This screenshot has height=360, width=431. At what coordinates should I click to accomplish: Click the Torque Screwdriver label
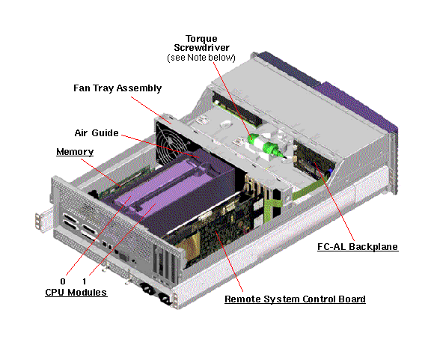(201, 43)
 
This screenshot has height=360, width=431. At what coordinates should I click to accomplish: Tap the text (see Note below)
(201, 58)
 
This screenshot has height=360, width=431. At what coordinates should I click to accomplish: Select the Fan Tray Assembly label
(117, 88)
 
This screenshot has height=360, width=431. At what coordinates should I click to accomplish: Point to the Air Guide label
(97, 133)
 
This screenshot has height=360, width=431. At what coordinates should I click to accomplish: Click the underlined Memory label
(75, 152)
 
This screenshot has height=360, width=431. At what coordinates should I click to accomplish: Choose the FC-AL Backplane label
(358, 247)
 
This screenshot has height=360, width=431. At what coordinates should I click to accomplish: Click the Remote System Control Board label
(296, 299)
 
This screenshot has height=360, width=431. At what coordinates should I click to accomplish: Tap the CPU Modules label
(76, 293)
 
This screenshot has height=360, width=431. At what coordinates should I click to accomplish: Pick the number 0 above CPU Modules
(63, 281)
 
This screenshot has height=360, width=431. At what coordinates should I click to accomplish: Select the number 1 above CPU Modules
(84, 281)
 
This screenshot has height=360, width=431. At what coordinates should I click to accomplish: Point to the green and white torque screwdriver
(264, 146)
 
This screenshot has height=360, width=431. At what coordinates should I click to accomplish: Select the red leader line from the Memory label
(100, 172)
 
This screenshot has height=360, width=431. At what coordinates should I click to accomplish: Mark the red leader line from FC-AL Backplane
(334, 201)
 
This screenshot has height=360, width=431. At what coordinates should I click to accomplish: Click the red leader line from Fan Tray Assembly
(150, 110)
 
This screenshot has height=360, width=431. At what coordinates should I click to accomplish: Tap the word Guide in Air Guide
(106, 133)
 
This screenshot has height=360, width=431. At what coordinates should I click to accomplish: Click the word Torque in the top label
(201, 38)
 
